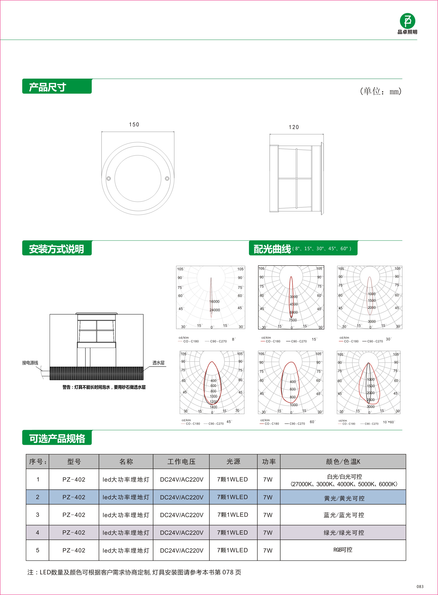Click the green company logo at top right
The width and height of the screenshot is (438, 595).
[407, 21]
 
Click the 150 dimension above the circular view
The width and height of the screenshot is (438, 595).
[134, 125]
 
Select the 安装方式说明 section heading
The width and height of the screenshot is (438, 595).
[56, 249]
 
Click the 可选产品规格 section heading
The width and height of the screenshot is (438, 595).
[57, 438]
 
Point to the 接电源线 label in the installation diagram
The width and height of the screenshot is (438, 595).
[30, 363]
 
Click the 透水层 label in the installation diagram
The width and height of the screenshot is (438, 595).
[158, 363]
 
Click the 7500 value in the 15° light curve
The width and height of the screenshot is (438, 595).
[293, 320]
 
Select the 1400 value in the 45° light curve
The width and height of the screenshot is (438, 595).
[213, 407]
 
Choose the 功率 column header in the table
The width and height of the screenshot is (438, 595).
[269, 461]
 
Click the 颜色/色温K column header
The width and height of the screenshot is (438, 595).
[343, 461]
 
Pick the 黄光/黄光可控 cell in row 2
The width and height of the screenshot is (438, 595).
[344, 498]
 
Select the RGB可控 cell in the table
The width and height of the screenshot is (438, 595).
[343, 550]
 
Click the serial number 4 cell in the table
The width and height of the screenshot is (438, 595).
[37, 532]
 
